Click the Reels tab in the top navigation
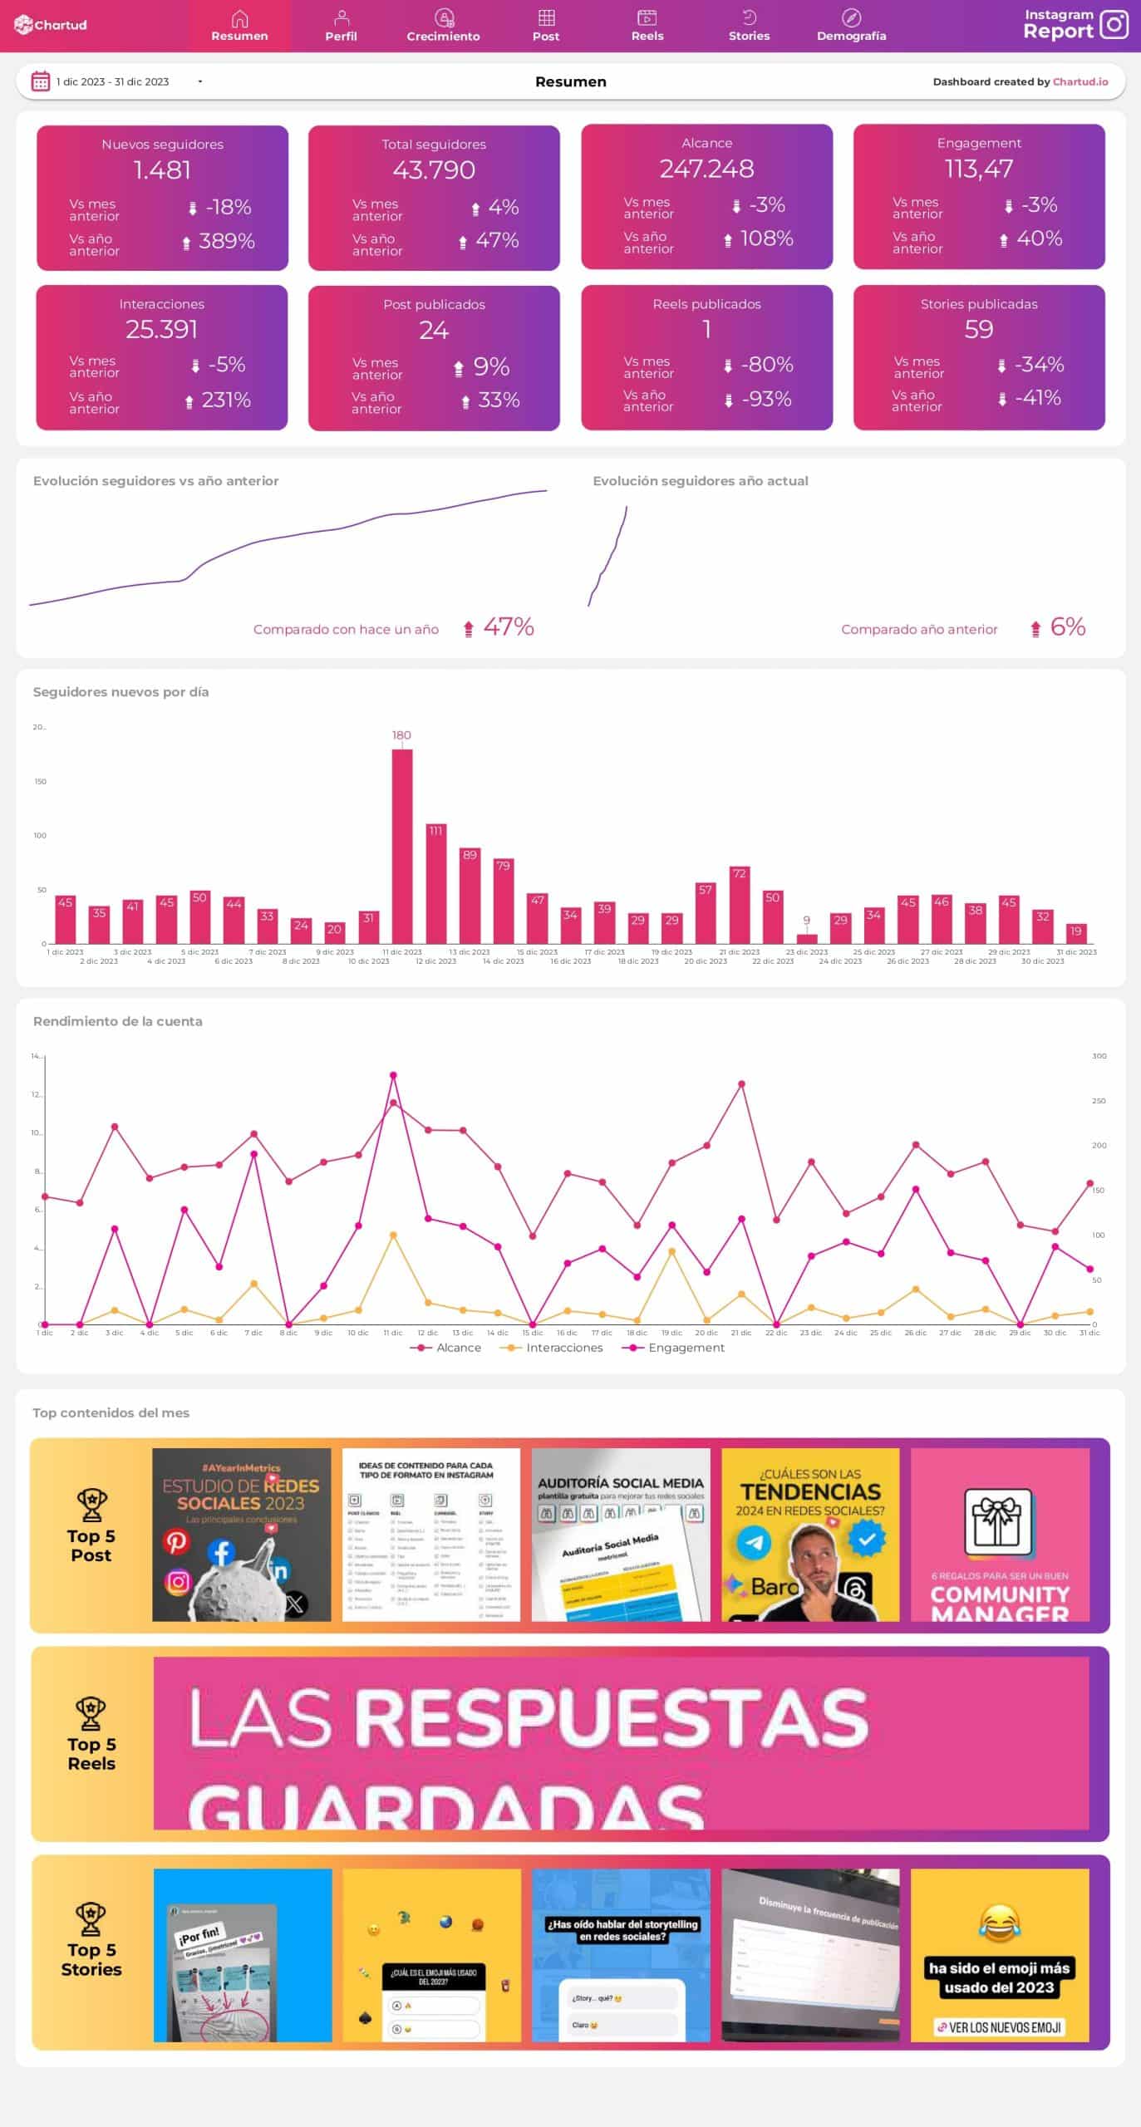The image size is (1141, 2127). tap(647, 26)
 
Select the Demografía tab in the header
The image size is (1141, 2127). tap(851, 26)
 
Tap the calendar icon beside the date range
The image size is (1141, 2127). tap(40, 81)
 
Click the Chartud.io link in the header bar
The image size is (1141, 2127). tap(1080, 81)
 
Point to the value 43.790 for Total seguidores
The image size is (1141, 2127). tap(434, 170)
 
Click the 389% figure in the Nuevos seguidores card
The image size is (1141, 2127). tap(226, 242)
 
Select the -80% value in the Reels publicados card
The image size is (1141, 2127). tap(766, 365)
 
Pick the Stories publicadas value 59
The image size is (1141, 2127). tap(978, 330)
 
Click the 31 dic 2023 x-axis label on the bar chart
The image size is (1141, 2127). tap(1076, 952)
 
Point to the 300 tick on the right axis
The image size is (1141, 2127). tap(1099, 1056)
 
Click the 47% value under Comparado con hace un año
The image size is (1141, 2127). tap(508, 627)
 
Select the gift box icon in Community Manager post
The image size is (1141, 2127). tap(997, 1521)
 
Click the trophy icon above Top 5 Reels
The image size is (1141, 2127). tap(91, 1712)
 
